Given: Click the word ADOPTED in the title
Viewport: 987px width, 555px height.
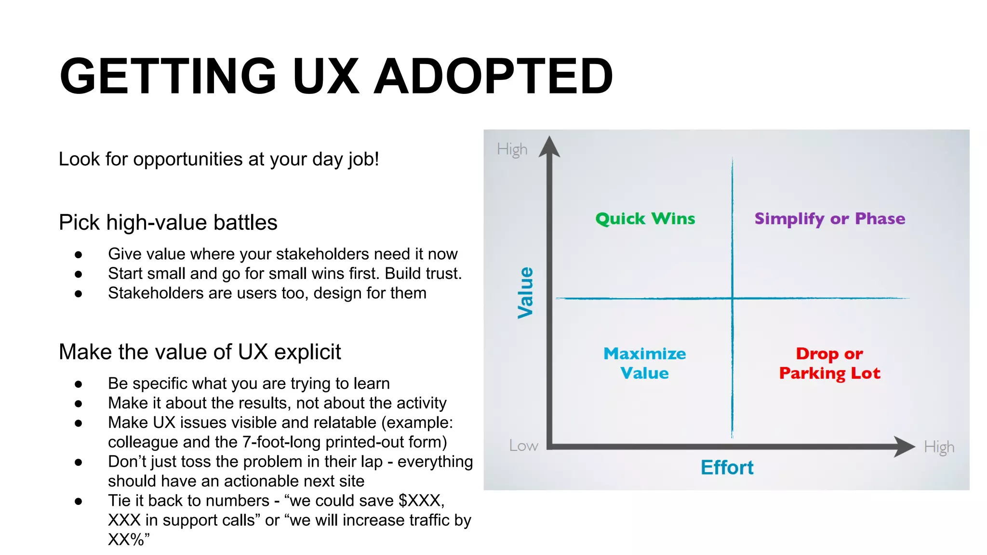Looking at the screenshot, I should coord(493,77).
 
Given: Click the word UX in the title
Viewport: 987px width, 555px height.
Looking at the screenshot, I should coord(326,77).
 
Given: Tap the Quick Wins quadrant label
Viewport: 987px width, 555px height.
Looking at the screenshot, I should coord(645,219).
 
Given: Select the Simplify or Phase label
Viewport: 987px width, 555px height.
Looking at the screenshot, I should coord(830,219).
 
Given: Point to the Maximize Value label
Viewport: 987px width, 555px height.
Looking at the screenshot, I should coord(645,363).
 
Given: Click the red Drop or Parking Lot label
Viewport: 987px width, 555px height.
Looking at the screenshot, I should coord(829,363).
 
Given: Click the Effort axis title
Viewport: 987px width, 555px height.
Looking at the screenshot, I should coord(727,467).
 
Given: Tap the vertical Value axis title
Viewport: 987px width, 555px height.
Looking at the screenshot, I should coord(525,293).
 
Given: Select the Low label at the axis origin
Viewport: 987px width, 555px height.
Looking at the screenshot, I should coord(523,446).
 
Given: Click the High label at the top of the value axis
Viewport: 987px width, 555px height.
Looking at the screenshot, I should coord(512,149).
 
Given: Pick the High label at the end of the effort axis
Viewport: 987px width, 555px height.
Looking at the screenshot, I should coord(939,447).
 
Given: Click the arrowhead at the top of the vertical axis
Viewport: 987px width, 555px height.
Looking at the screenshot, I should coord(549,146).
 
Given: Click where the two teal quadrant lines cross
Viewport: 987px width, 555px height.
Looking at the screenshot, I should coord(732,298).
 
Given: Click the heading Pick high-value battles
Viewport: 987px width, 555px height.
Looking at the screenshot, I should coord(168,223).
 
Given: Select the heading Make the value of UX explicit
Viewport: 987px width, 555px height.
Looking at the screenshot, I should coord(200,352).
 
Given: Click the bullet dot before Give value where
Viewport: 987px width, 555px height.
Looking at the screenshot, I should coord(79,254).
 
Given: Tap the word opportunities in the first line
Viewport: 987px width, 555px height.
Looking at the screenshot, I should coord(188,159).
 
